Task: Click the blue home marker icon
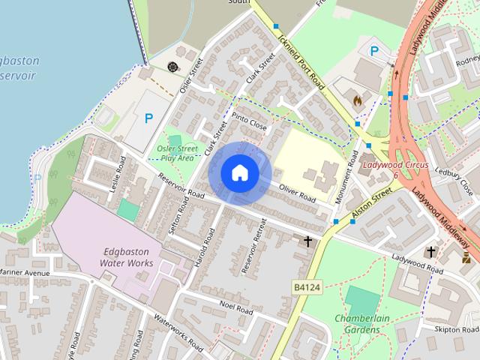[240, 172]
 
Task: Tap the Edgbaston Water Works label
[127, 257]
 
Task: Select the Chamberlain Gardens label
[362, 323]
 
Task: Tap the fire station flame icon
[357, 99]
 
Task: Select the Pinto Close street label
[249, 122]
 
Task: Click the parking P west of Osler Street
[148, 118]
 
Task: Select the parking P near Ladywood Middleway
[375, 50]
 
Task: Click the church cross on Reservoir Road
[307, 241]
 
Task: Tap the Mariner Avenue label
[24, 272]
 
